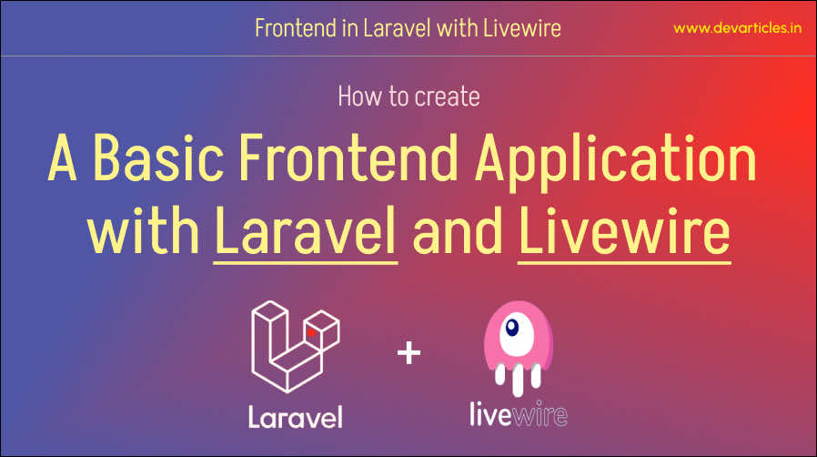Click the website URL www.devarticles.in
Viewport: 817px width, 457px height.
click(737, 28)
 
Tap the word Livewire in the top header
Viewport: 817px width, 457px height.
click(521, 28)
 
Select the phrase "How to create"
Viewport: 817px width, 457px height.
click(408, 96)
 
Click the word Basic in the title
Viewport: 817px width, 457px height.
click(159, 157)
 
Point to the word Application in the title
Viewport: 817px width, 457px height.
click(615, 161)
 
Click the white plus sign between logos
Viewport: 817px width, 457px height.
click(409, 353)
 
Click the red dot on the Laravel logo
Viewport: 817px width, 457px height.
click(311, 332)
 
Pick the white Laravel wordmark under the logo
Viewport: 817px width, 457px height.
click(296, 417)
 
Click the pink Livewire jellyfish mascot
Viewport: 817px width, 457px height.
click(518, 348)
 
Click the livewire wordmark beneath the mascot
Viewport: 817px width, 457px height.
click(519, 414)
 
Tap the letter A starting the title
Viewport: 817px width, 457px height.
click(62, 157)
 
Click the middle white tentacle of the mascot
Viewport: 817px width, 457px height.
click(518, 381)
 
